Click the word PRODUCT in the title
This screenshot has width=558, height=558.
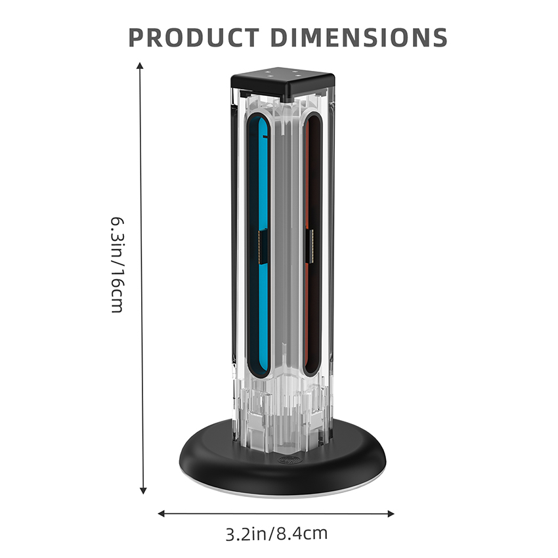click(x=193, y=37)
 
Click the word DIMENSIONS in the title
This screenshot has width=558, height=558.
click(x=358, y=37)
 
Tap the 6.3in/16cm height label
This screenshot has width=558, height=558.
click(x=118, y=265)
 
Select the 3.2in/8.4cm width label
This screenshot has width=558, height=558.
click(x=276, y=534)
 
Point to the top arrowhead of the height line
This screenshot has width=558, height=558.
click(x=140, y=66)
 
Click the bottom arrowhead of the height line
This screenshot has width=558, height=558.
click(x=143, y=491)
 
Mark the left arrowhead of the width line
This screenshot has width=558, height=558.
click(x=161, y=513)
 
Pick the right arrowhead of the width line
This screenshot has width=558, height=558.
click(x=391, y=514)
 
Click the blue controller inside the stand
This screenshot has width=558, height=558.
click(x=259, y=246)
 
